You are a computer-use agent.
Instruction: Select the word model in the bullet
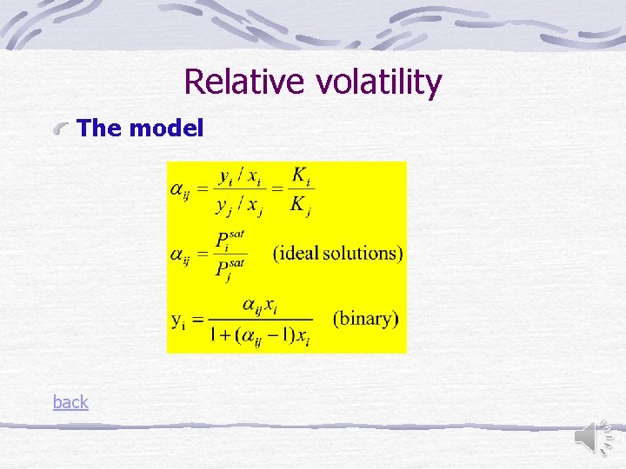pyautogui.click(x=166, y=129)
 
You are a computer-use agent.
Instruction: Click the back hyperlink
pyautogui.click(x=70, y=402)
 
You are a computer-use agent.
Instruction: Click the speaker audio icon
pyautogui.click(x=596, y=434)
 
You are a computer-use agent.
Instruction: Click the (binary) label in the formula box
pyautogui.click(x=365, y=318)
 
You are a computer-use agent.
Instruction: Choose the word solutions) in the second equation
pyautogui.click(x=364, y=254)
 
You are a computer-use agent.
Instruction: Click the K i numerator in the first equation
pyautogui.click(x=301, y=176)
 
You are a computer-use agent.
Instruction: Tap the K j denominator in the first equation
pyautogui.click(x=301, y=206)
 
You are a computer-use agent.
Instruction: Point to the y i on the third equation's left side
pyautogui.click(x=178, y=320)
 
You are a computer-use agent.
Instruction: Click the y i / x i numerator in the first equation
pyautogui.click(x=240, y=176)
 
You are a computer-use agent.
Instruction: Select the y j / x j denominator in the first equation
pyautogui.click(x=240, y=206)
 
